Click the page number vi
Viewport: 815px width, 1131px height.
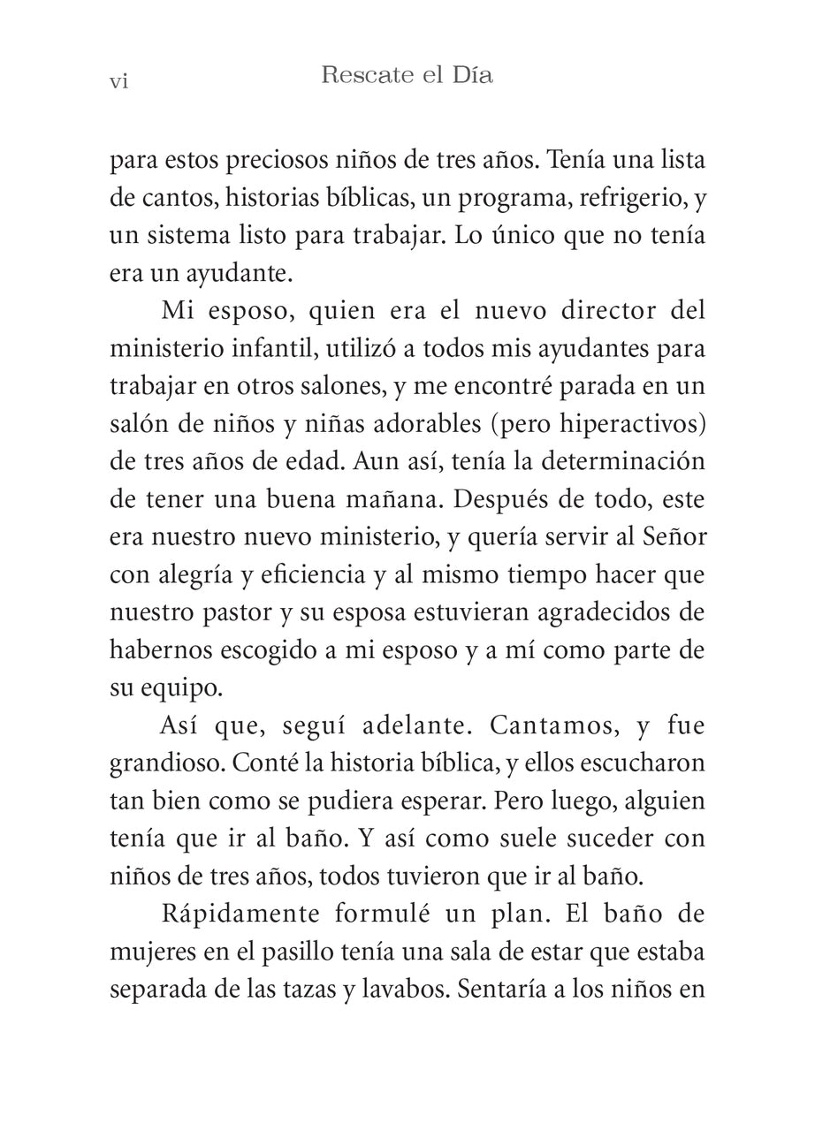[118, 81]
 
